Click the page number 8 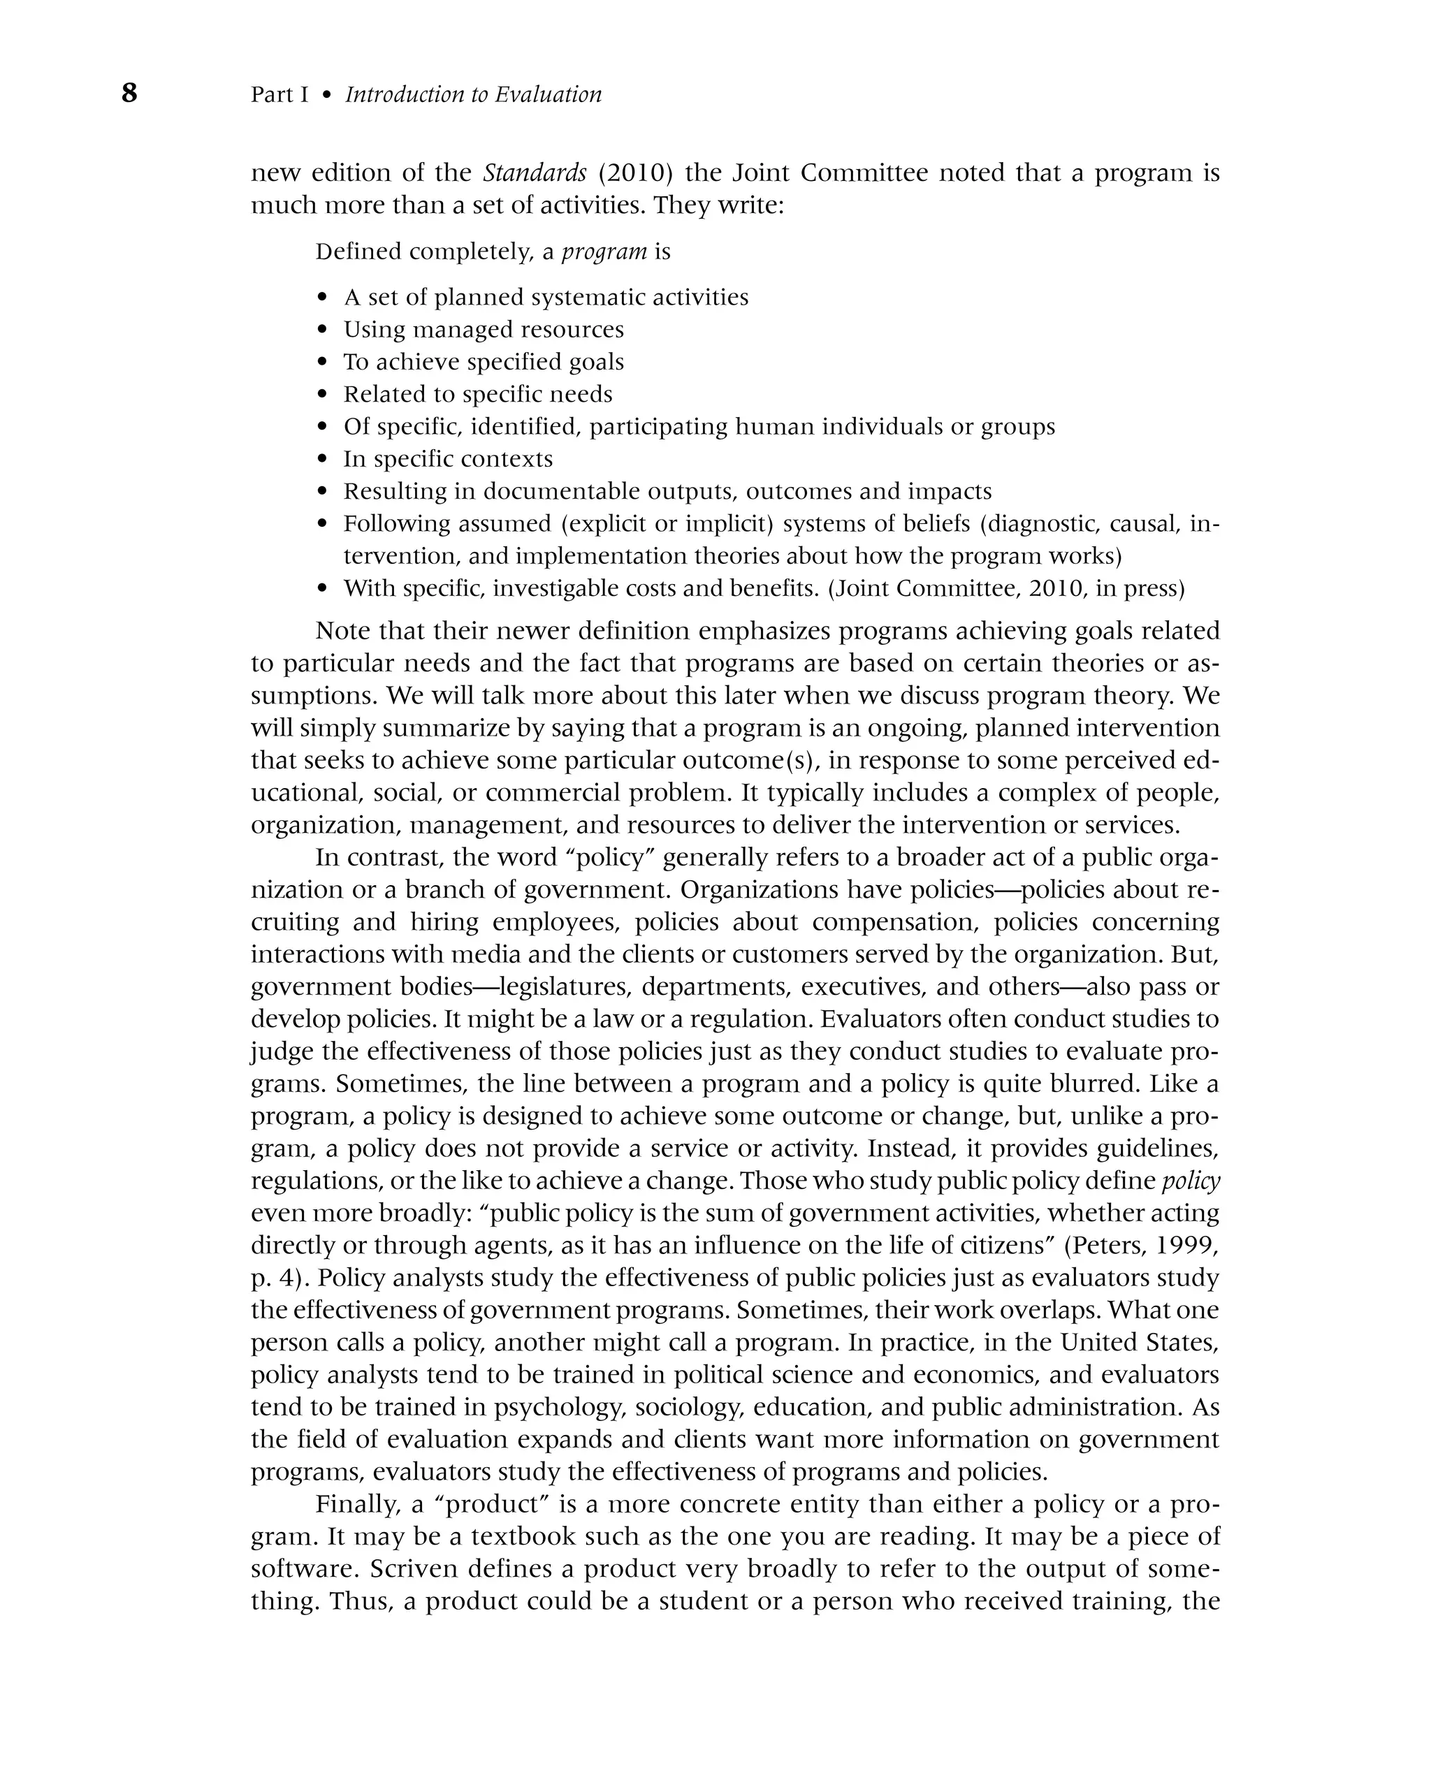pos(129,93)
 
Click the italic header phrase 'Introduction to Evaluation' pos(473,95)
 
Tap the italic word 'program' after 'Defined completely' pos(604,252)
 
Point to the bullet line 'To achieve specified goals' pos(483,362)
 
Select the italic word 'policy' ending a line pos(1191,1181)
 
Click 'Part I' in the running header pos(279,95)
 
